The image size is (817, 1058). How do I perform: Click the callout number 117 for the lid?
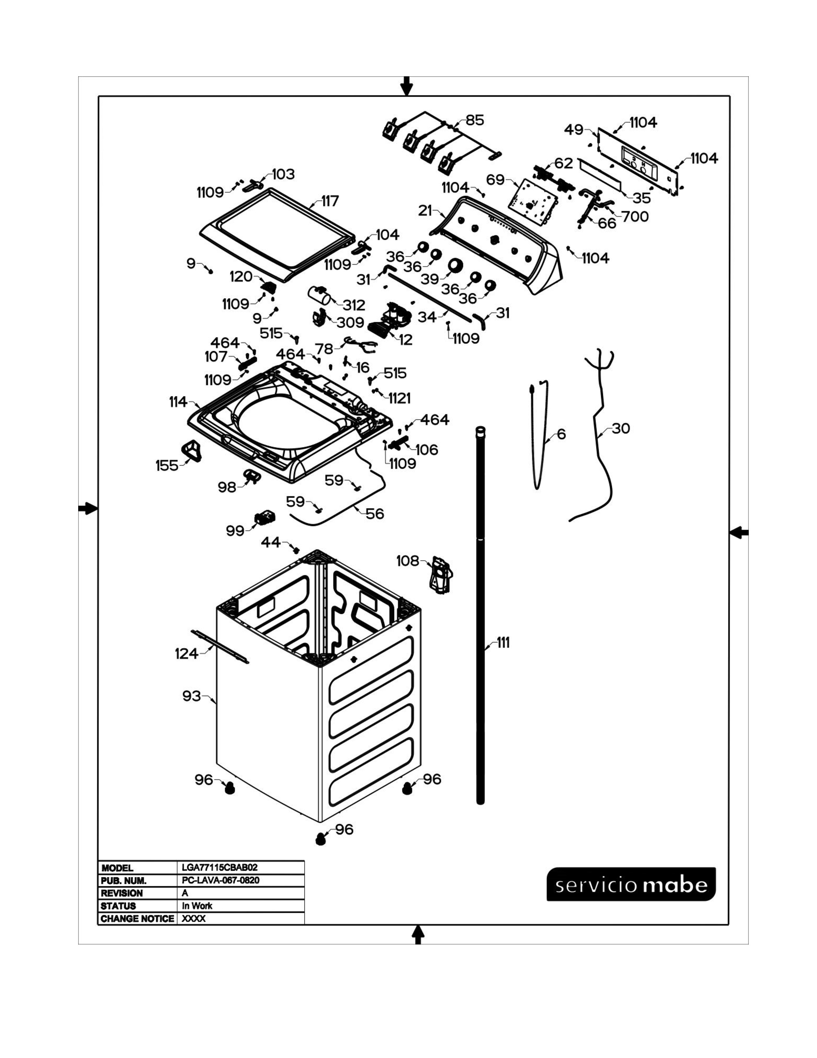coord(330,201)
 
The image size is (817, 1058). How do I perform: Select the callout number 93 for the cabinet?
coord(191,696)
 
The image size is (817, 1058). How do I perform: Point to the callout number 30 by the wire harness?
coord(621,428)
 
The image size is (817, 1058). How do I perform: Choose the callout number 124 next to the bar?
coord(186,654)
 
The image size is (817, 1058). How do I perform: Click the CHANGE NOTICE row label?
coord(137,919)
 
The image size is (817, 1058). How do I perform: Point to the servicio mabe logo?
coord(631,885)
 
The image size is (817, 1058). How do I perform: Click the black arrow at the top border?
coord(407,86)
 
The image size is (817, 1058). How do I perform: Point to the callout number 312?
coord(354,305)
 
